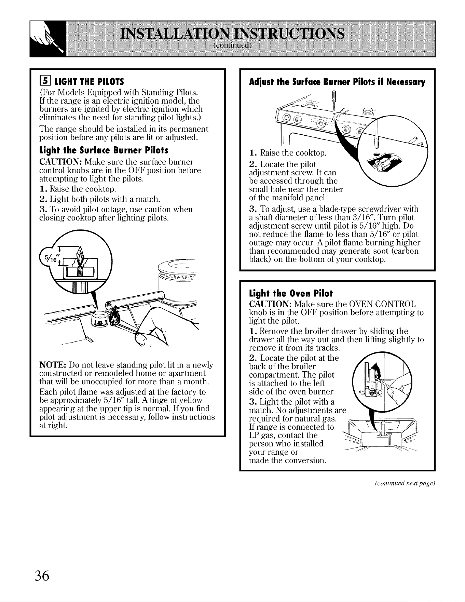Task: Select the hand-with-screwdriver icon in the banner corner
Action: [45, 39]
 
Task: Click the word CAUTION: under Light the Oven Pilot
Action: [270, 304]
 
